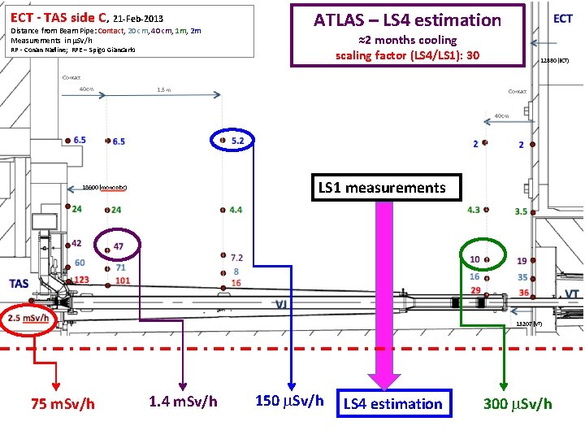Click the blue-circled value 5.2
point(237,141)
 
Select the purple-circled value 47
point(118,246)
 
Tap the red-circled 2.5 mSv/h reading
point(28,318)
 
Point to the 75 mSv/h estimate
point(63,404)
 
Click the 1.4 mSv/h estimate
point(183,401)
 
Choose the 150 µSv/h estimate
point(289,401)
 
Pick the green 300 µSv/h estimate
point(518,404)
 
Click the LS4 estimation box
point(394,403)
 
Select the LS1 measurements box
point(382,188)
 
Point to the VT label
point(571,293)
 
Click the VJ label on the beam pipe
point(280,304)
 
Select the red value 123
point(80,280)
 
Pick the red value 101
point(122,281)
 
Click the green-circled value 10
point(474,259)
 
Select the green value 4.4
point(236,210)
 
